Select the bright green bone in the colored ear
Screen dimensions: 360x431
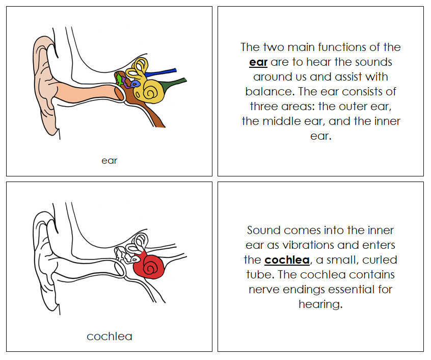click(x=119, y=79)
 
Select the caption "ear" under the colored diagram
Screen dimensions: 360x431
click(x=109, y=161)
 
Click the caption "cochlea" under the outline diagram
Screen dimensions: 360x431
click(x=109, y=337)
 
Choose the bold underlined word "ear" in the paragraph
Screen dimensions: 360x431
click(x=258, y=62)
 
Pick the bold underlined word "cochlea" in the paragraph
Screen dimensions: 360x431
click(x=287, y=260)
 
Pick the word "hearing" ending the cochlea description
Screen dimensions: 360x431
click(x=320, y=304)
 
